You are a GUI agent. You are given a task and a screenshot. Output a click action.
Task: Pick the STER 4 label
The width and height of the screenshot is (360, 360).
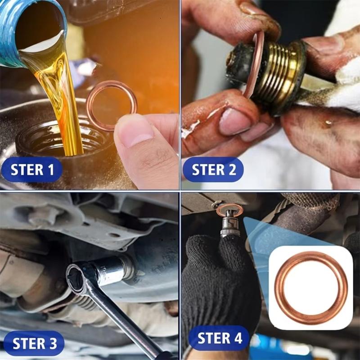219,338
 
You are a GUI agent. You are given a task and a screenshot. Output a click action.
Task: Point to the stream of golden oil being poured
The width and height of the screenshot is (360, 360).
63,99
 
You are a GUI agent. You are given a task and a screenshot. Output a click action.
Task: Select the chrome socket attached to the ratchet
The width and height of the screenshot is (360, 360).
110,270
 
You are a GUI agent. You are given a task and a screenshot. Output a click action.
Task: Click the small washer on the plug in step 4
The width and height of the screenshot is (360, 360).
229,209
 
